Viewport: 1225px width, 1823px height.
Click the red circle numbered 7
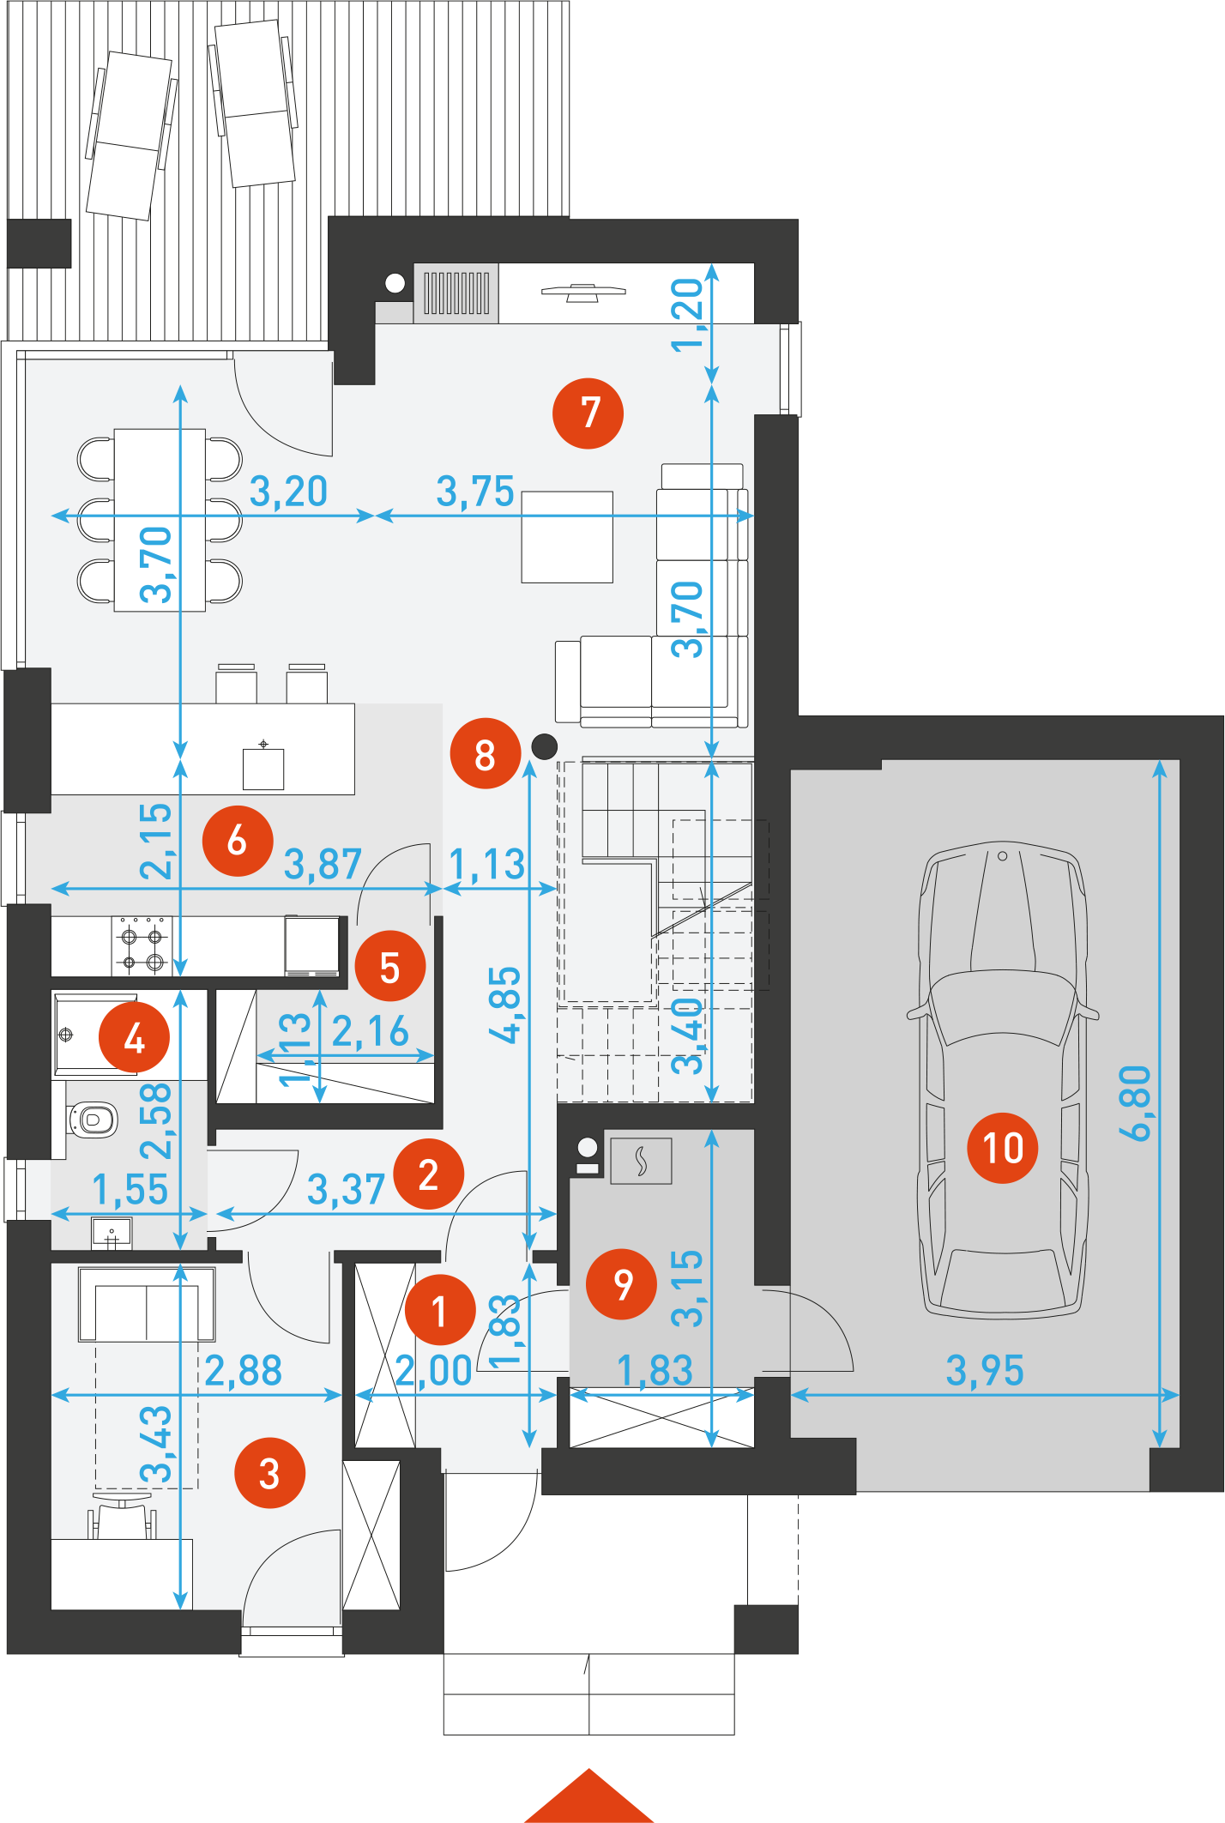[x=588, y=413]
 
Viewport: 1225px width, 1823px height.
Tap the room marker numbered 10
[x=1002, y=1148]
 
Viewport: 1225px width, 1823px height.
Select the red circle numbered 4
[x=134, y=1037]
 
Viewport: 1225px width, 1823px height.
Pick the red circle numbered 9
[x=621, y=1284]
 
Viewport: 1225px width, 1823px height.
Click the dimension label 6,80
[x=1134, y=1103]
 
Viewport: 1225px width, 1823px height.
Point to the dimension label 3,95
[x=985, y=1370]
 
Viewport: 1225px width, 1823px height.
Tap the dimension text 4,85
[x=504, y=1005]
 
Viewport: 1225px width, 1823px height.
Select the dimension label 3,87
[x=323, y=864]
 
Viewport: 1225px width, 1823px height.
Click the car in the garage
[x=1002, y=1079]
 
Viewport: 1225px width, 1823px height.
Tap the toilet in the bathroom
[x=92, y=1120]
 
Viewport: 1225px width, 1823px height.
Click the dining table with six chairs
[x=160, y=520]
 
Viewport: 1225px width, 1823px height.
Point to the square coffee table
[x=567, y=537]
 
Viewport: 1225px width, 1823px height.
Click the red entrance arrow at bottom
[x=589, y=1796]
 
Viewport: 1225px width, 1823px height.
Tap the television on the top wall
[x=583, y=293]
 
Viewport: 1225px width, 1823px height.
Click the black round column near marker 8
[x=544, y=746]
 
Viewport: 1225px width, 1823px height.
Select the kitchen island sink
[x=263, y=766]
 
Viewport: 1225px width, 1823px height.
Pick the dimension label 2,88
[x=244, y=1370]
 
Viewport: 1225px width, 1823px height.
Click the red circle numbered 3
[x=269, y=1473]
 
